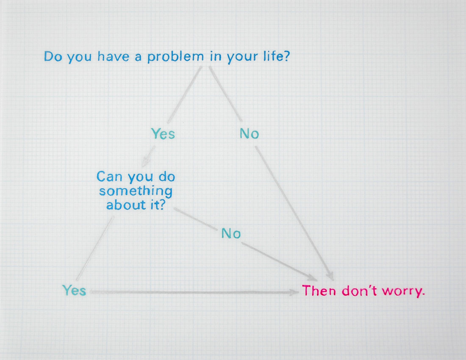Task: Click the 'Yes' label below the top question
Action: click(163, 134)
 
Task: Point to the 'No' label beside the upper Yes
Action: click(249, 134)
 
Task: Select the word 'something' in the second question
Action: click(136, 191)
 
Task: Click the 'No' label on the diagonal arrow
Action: click(231, 233)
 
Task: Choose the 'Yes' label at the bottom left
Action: click(74, 291)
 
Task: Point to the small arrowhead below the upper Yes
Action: click(145, 163)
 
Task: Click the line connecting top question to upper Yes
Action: click(185, 94)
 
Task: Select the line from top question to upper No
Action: click(225, 94)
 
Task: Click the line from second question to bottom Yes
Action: click(95, 248)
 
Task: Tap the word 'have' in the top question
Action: click(113, 56)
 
